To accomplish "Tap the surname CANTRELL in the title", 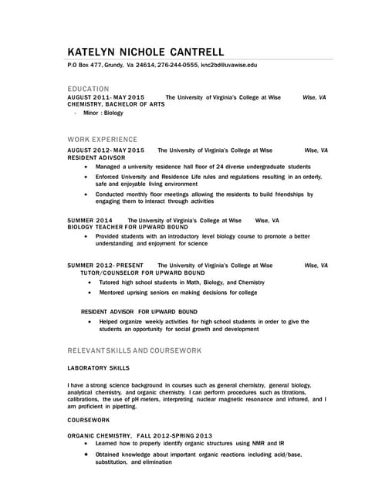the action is click(192, 52).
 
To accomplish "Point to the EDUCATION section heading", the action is click(89, 89).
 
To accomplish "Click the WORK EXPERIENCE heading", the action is click(103, 140).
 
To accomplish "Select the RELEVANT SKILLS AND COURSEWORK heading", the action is click(135, 350).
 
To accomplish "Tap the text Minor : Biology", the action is click(103, 113).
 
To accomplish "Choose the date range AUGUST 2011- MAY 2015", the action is click(106, 97).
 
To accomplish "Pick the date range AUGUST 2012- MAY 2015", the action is click(106, 150).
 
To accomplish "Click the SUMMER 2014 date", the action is click(90, 220).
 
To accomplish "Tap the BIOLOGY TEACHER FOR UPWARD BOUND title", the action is click(128, 227).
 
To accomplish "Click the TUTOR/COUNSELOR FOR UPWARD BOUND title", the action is click(143, 272).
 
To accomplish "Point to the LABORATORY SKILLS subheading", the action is click(99, 367).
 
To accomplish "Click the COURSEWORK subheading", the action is click(89, 419).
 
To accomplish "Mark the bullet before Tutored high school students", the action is click(91, 283).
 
